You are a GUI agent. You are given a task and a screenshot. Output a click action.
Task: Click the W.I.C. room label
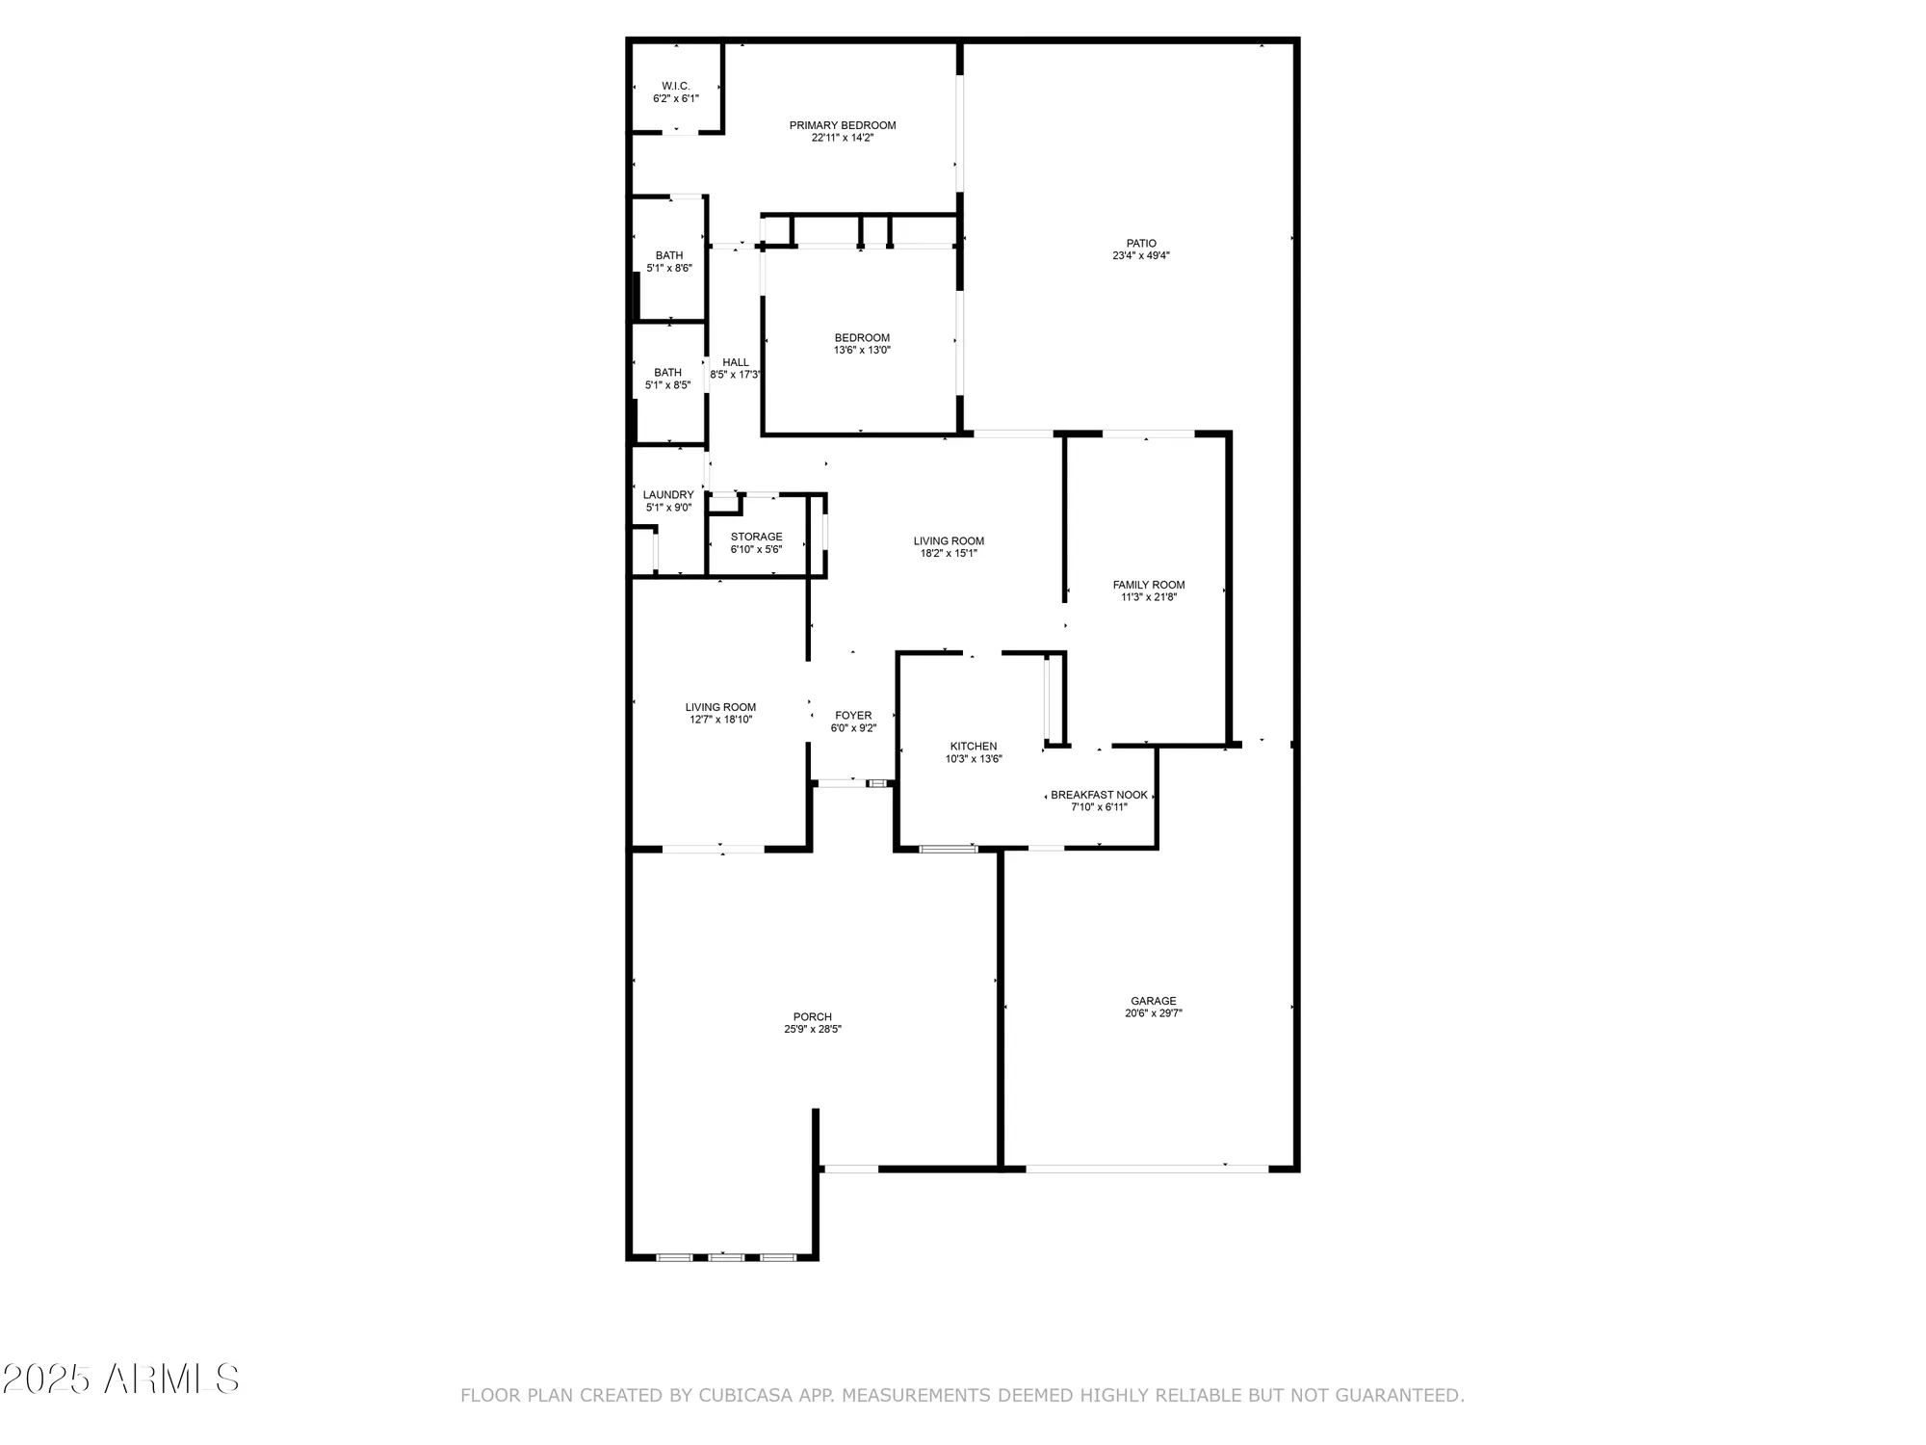tap(675, 87)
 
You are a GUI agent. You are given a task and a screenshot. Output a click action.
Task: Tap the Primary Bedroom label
tap(842, 125)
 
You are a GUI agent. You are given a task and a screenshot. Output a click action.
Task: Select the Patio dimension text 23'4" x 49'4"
tap(1140, 256)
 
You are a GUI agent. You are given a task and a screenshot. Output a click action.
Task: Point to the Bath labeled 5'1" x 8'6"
tap(669, 262)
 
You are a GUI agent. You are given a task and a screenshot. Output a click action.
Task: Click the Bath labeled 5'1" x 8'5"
tap(667, 379)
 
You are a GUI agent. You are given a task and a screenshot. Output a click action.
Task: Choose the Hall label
tap(735, 363)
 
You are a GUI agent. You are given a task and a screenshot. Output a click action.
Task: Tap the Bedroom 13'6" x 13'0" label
tap(862, 344)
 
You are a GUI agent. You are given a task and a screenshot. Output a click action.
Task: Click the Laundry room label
tap(668, 495)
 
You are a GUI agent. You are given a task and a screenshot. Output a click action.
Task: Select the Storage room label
tap(756, 538)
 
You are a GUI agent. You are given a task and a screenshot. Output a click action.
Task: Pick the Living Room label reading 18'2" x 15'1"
tap(949, 547)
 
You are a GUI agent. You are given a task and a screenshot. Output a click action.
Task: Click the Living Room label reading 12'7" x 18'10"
tap(720, 713)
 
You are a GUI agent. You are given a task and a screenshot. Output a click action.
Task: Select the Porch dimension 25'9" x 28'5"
tap(812, 1029)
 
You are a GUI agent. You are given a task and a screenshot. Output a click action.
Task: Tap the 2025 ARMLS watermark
tap(119, 1379)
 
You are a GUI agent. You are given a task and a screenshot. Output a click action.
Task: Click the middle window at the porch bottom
tap(726, 1257)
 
